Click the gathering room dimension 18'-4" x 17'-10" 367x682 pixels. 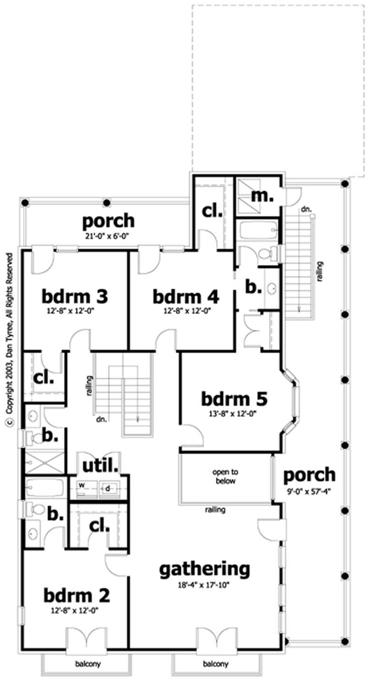(x=205, y=585)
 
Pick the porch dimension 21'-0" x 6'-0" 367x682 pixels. (x=108, y=236)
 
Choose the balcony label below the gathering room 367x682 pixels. (x=215, y=664)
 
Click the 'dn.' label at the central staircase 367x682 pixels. (x=102, y=419)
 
